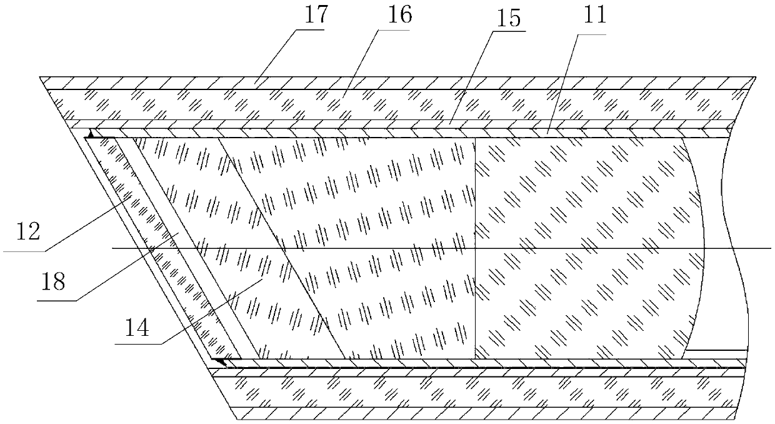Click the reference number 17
tap(316, 15)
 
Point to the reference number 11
tap(595, 15)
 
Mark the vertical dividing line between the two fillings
tap(475, 281)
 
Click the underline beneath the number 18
tap(59, 300)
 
